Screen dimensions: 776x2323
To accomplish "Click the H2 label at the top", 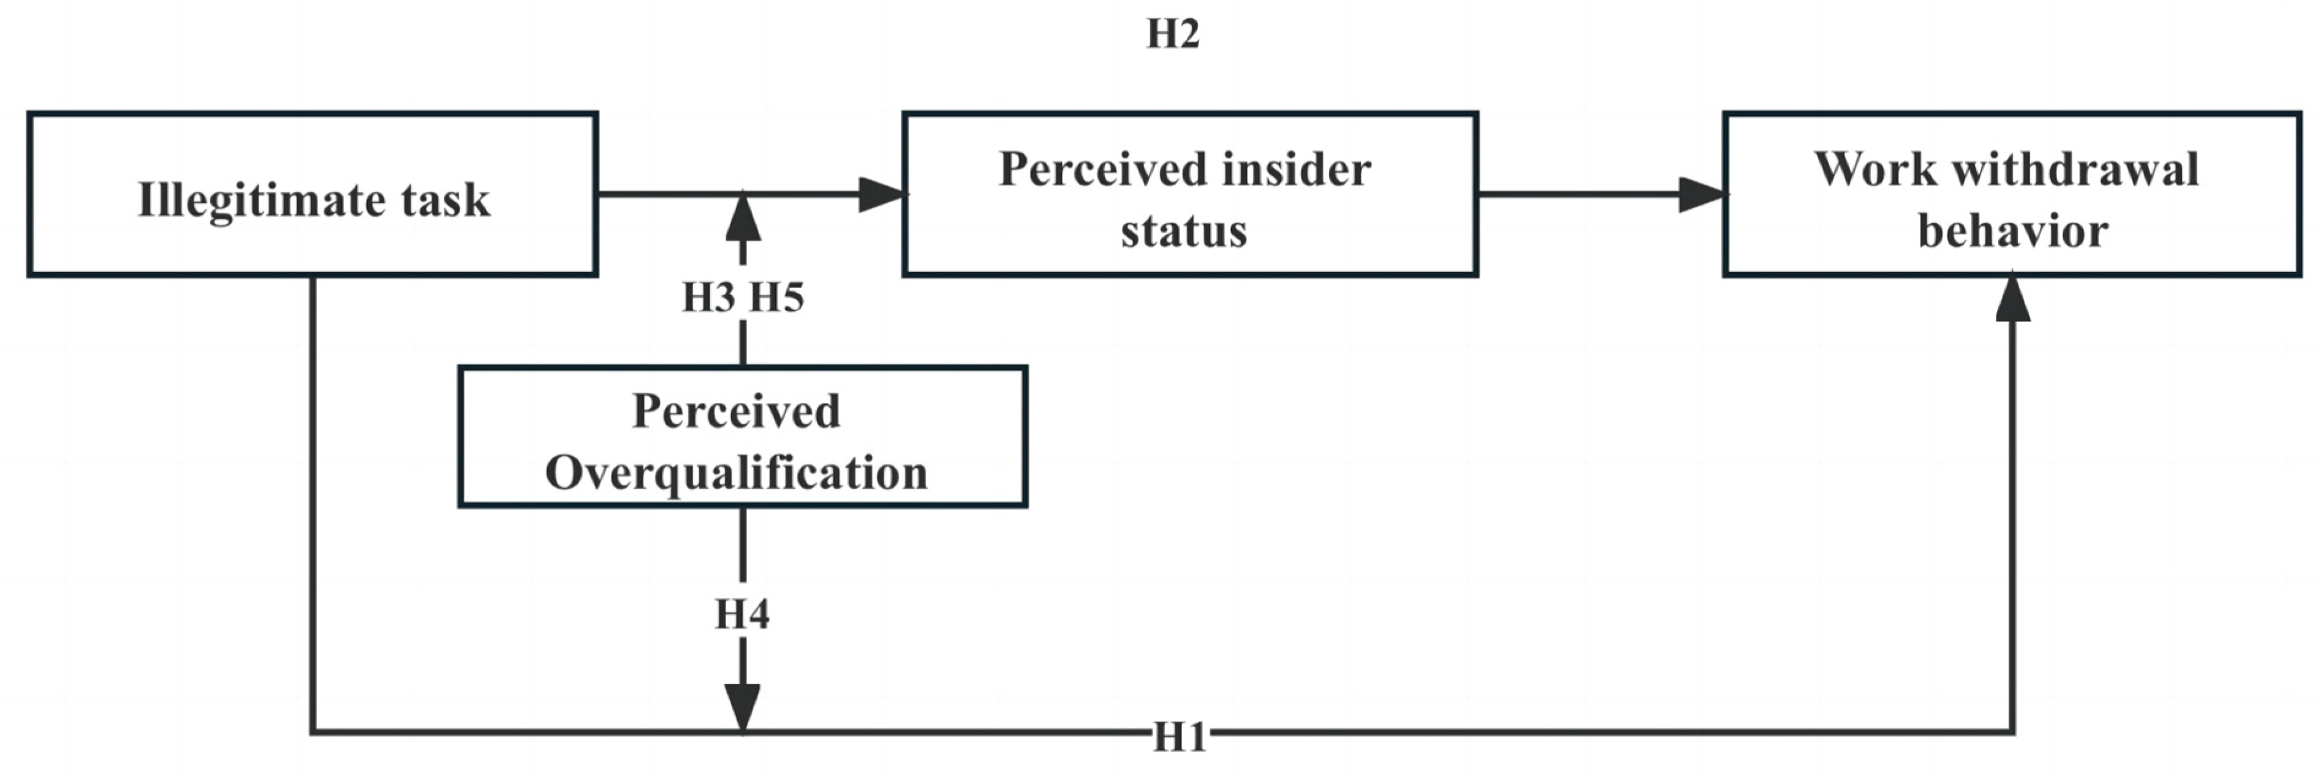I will tap(1172, 34).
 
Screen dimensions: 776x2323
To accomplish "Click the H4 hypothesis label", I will tap(742, 615).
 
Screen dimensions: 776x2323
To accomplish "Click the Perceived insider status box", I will tap(1189, 194).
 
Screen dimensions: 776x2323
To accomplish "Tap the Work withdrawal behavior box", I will tap(2011, 194).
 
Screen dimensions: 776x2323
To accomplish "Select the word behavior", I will tap(2012, 231).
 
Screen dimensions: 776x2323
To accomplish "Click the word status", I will tap(1183, 231).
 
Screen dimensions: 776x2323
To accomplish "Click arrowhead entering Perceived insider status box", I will tap(880, 194).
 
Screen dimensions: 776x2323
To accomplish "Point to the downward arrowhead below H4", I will tap(742, 707).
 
